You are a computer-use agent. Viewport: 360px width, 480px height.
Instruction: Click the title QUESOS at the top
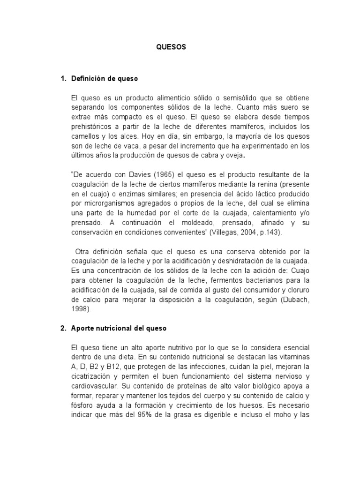(172, 47)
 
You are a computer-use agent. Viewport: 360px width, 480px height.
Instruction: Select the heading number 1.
(63, 79)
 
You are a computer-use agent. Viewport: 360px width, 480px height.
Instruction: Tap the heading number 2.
(63, 329)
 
